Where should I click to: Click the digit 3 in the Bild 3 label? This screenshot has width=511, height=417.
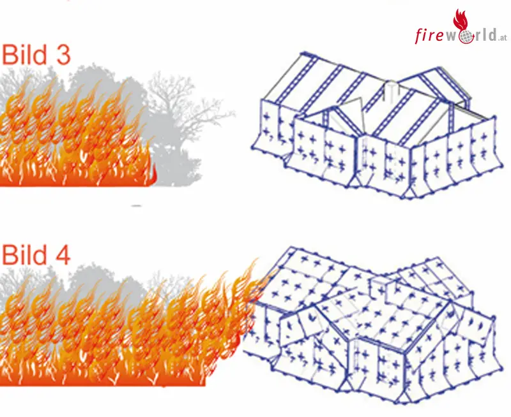click(x=62, y=54)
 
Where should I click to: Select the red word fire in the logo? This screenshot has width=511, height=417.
click(x=429, y=35)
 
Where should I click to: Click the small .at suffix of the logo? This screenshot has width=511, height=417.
click(x=503, y=38)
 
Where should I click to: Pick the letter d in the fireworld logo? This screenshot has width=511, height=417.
click(x=492, y=34)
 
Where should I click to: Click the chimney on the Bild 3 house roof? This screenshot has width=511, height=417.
click(x=391, y=89)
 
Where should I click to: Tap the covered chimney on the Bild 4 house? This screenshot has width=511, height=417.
click(x=379, y=286)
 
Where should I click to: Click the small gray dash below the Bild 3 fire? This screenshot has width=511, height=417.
click(x=136, y=206)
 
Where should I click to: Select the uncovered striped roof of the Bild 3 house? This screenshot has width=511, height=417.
click(x=369, y=98)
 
